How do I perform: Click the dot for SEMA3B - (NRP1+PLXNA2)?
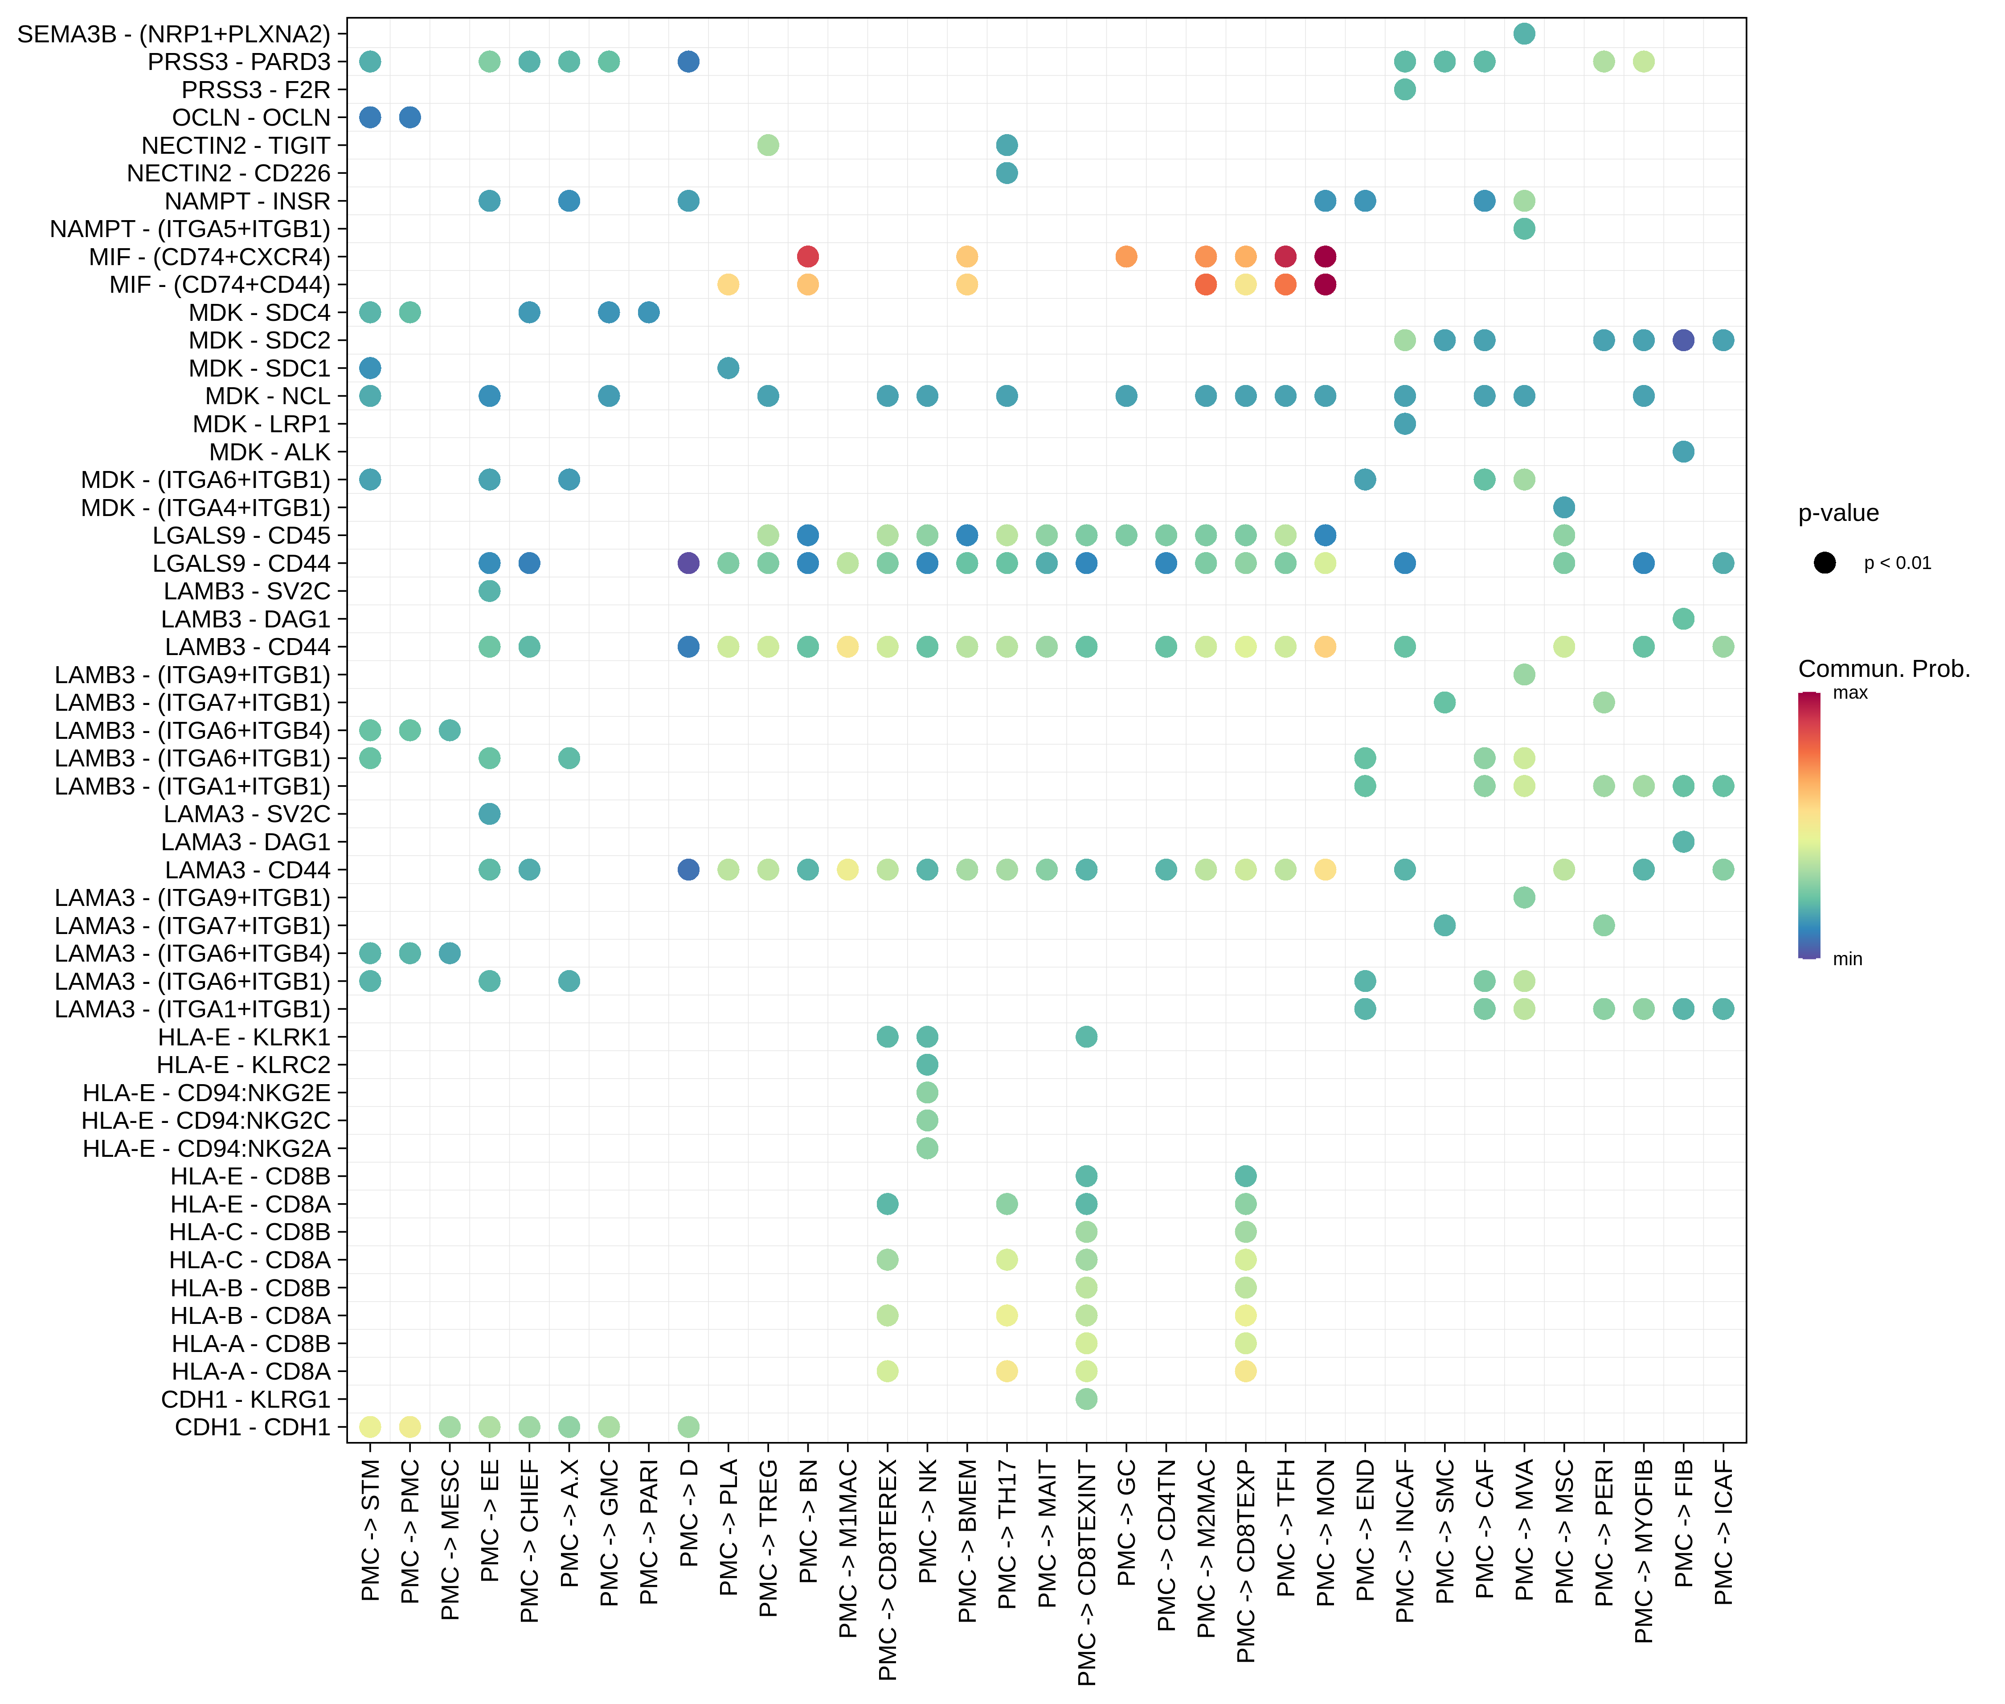coord(1524,34)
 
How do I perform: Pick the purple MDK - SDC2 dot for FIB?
coord(1683,340)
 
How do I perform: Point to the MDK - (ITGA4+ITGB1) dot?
coord(1563,507)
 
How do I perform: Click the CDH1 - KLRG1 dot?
coord(1087,1399)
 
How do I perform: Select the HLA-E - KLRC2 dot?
coord(927,1065)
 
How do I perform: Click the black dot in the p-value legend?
coord(1825,563)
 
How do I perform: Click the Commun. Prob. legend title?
coord(1883,668)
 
